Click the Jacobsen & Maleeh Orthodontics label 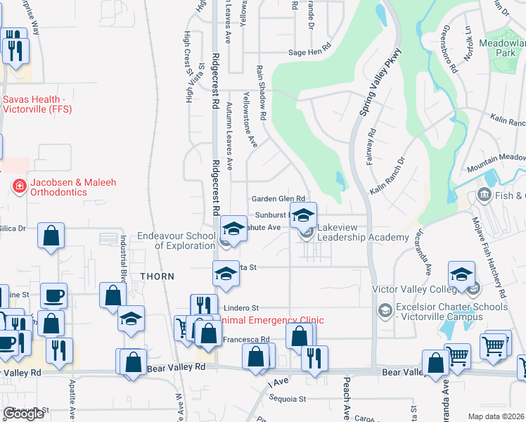pos(62,187)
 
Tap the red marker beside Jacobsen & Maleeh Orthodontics pos(18,186)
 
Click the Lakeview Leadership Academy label pos(363,233)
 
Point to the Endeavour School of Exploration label pos(176,241)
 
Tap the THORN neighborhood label pos(157,276)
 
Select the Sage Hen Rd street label pos(309,52)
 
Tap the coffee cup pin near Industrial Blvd pos(53,295)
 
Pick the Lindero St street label pos(241,308)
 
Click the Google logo pos(23,414)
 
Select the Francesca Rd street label pos(246,339)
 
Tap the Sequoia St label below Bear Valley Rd pos(288,399)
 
